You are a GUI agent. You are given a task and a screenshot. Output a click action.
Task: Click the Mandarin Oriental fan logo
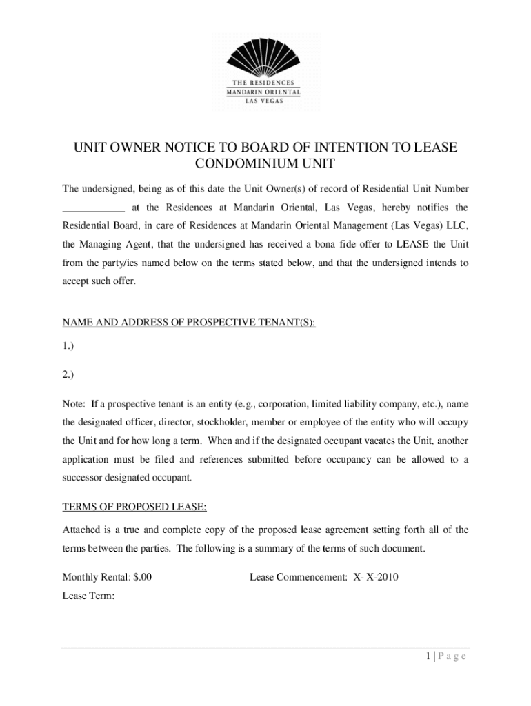265,58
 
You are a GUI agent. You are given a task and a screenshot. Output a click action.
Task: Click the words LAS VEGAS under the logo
265,100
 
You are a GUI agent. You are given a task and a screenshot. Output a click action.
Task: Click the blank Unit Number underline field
94,207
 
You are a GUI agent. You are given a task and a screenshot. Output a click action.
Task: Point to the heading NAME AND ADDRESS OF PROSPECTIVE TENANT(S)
189,323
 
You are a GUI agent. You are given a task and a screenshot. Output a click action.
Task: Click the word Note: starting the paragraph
74,403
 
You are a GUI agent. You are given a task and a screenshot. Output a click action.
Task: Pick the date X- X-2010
376,576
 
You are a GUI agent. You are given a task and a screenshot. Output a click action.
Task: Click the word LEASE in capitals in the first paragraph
413,245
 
